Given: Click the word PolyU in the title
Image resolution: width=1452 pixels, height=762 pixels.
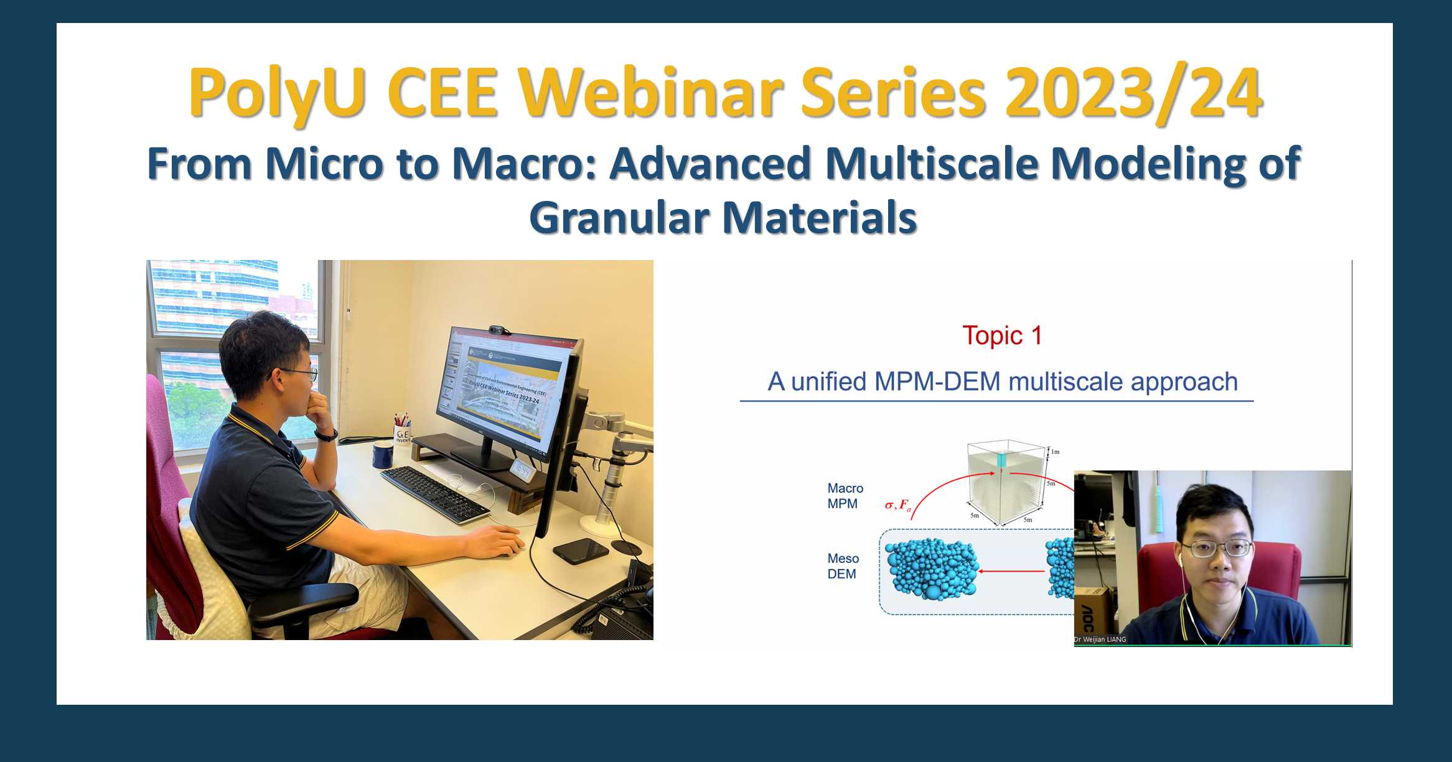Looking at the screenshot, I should [277, 93].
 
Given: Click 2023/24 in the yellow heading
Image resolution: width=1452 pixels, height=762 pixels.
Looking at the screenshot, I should [1133, 93].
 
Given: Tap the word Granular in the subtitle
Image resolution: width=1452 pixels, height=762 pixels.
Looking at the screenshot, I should [619, 218].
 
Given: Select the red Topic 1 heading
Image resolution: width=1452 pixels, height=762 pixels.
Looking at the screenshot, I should [1001, 336].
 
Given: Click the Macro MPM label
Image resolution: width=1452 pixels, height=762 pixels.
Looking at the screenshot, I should [845, 496].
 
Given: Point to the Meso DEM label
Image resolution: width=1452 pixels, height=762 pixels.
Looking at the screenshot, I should [843, 566].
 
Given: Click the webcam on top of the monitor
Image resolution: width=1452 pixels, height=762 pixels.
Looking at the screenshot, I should [499, 330].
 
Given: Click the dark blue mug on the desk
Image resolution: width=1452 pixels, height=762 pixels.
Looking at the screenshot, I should [382, 454].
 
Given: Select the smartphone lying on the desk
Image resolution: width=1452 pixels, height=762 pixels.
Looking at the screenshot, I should [580, 550].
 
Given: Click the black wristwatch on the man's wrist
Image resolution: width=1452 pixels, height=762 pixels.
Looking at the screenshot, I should [326, 435].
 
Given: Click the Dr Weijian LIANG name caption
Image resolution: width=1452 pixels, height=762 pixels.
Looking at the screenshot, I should [1100, 639].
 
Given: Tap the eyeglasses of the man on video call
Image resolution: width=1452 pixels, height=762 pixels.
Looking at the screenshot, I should [1217, 549].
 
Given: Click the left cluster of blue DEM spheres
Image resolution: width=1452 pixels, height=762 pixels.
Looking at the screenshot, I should [932, 569].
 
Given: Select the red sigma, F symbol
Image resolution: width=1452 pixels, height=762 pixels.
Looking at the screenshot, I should [897, 505].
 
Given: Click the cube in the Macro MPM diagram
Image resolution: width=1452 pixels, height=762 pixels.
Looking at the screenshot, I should [1005, 482].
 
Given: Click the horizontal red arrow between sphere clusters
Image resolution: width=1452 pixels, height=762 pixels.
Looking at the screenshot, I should [1011, 570].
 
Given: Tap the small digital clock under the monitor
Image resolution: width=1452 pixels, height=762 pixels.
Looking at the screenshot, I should [522, 470].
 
